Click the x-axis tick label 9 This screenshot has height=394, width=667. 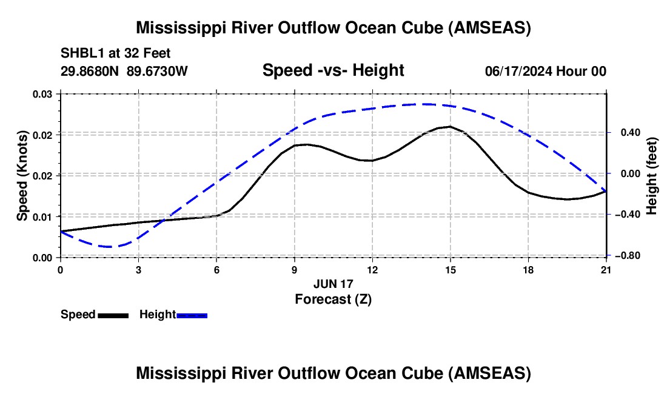click(x=294, y=270)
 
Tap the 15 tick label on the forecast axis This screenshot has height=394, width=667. click(x=450, y=270)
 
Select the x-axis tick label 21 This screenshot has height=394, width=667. click(x=606, y=270)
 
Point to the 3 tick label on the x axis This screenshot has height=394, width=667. click(x=139, y=270)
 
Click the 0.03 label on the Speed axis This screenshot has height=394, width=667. click(x=42, y=94)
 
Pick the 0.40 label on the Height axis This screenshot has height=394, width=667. click(x=631, y=133)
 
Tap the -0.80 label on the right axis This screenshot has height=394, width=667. click(x=628, y=255)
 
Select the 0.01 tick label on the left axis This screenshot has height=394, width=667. click(x=42, y=217)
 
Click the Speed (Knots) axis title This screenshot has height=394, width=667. click(x=22, y=176)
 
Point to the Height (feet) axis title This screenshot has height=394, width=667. click(x=651, y=176)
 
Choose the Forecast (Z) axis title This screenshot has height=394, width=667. click(x=333, y=299)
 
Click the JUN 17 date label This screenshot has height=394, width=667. click(x=333, y=284)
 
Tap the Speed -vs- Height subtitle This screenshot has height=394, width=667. click(x=333, y=70)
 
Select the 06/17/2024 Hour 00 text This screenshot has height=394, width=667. click(x=546, y=71)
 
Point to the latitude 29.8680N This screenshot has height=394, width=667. click(x=90, y=71)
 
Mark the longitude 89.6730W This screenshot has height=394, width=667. click(x=157, y=71)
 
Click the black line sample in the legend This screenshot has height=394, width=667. click(x=113, y=315)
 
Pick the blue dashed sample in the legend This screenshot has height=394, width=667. click(x=192, y=315)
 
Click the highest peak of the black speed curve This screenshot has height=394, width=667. click(x=450, y=126)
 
